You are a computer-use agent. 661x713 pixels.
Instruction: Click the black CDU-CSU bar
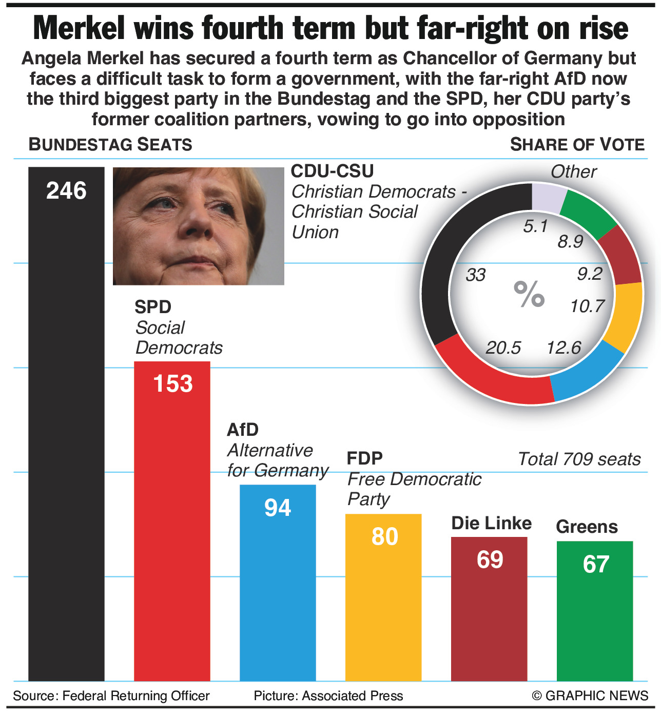coord(66,436)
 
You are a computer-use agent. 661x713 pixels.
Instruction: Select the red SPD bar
coord(172,529)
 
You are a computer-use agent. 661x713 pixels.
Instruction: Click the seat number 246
coord(66,191)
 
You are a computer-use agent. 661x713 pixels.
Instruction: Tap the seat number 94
coord(278,508)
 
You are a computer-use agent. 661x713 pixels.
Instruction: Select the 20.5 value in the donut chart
coord(503,348)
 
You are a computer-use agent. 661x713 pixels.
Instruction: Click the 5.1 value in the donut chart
coord(536,226)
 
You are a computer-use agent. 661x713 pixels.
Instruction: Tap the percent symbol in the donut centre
coord(529,295)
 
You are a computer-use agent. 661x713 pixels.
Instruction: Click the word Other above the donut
coord(573,171)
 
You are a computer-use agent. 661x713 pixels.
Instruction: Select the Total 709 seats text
coord(579,459)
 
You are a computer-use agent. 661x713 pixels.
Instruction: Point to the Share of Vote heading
coord(577,145)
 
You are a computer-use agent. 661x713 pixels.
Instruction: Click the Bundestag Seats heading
coord(110,145)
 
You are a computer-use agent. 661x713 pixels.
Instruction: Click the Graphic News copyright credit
coord(590,696)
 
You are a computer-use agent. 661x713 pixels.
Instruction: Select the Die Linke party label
coord(491,523)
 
